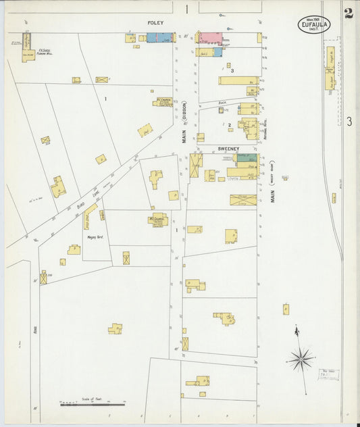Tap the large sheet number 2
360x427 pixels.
click(x=348, y=13)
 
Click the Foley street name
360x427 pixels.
click(x=156, y=23)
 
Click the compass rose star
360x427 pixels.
click(x=300, y=359)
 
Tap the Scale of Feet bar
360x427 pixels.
click(x=93, y=404)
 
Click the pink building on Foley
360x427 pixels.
click(x=209, y=38)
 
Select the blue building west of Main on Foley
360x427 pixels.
click(x=160, y=38)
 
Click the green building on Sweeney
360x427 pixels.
click(x=242, y=157)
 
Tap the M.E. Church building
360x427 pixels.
click(x=157, y=220)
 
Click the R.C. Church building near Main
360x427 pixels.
click(x=163, y=101)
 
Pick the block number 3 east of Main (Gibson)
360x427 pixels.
click(x=232, y=70)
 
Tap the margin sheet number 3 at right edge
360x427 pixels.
click(x=349, y=122)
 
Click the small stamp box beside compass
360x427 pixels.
click(x=328, y=373)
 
